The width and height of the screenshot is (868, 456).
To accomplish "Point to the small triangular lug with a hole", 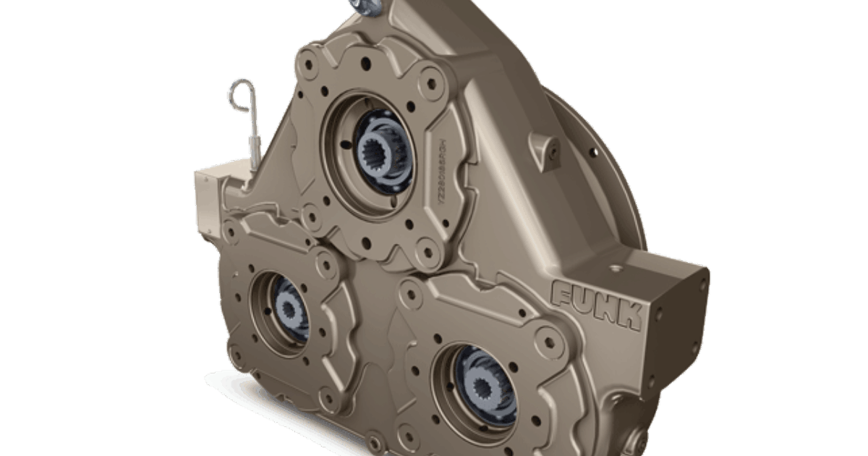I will pyautogui.click(x=545, y=148).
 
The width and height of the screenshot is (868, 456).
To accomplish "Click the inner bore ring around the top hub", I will pyautogui.click(x=340, y=156).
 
